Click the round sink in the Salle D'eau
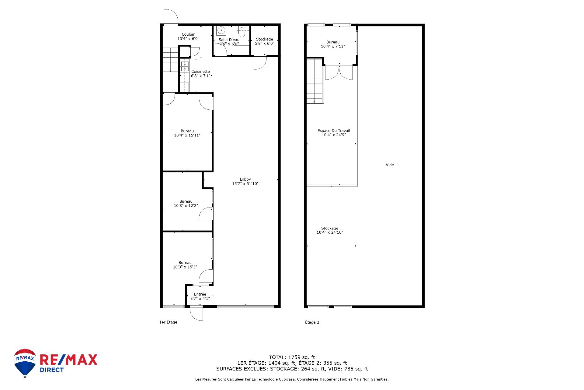click(221, 31)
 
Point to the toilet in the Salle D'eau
click(242, 31)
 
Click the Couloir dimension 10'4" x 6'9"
click(188, 39)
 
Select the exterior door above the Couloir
click(170, 17)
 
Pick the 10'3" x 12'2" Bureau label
click(186, 204)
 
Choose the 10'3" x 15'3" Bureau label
click(185, 265)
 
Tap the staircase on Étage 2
click(315, 81)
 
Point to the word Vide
click(390, 165)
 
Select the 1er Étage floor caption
click(168, 322)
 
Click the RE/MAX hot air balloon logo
click(25, 363)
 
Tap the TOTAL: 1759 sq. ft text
click(292, 357)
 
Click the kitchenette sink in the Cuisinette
click(185, 66)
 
